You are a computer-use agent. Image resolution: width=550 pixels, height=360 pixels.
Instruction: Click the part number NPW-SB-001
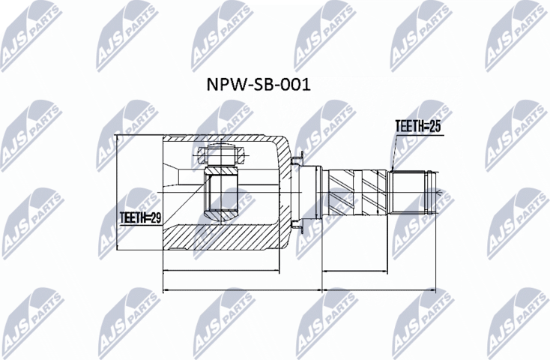point(258,85)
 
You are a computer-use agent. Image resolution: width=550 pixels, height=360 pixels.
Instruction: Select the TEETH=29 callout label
point(141,217)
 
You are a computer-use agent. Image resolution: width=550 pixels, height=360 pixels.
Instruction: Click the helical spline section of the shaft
point(357,193)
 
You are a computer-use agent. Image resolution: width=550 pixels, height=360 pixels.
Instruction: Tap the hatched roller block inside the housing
point(221,196)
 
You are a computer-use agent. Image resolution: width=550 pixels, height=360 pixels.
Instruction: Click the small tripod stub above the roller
point(221,157)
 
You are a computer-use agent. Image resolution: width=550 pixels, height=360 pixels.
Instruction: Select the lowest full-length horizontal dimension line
point(299,289)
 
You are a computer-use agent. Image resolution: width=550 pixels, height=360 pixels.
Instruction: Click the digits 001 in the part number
point(295,85)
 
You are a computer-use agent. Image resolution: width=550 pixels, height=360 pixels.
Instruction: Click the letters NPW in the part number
point(223,85)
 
